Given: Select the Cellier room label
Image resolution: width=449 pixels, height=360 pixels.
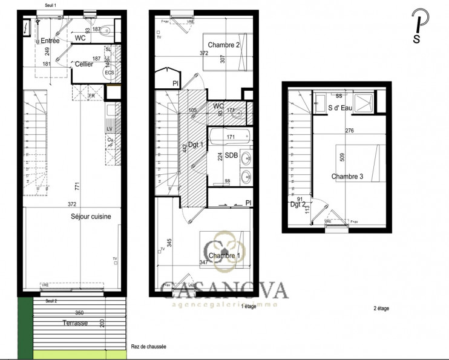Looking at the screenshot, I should [84, 64].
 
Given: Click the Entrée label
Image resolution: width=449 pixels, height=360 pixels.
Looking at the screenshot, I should [50, 41].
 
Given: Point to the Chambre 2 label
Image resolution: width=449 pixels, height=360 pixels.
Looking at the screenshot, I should [224, 45].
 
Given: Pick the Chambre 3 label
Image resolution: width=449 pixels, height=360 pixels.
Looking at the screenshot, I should [347, 177].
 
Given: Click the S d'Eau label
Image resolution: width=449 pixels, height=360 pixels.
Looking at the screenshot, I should [341, 108].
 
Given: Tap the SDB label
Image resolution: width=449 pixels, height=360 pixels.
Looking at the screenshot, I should [231, 155].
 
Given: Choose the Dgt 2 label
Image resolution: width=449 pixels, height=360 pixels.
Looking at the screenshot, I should [298, 205].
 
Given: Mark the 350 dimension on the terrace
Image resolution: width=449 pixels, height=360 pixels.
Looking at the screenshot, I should [79, 313].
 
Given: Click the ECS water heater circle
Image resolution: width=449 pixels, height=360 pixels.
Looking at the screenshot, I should [110, 73].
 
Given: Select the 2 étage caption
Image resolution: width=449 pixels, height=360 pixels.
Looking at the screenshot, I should [381, 309].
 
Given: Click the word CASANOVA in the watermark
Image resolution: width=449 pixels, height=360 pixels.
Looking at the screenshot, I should [224, 290].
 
